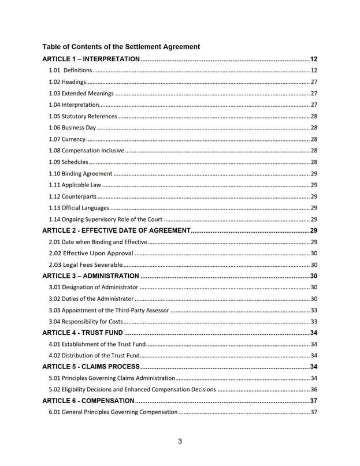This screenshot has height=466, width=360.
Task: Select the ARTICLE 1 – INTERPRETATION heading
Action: (x=91, y=59)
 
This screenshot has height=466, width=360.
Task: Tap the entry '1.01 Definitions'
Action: (x=70, y=70)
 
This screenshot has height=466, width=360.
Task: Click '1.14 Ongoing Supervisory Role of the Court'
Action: (x=105, y=219)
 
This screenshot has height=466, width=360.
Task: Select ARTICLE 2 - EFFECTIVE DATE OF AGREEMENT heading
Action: (x=116, y=230)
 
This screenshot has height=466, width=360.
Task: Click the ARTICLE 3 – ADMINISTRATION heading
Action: (x=91, y=276)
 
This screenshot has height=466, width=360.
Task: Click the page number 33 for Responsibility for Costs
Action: (x=314, y=322)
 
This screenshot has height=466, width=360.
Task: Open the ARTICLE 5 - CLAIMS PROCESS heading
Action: (x=91, y=367)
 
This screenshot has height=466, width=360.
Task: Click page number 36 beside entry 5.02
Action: (x=314, y=389)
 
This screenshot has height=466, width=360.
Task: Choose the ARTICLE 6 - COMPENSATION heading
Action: (x=88, y=401)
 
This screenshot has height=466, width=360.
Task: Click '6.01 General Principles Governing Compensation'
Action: (x=113, y=412)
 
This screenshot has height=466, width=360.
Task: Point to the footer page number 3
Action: (x=180, y=442)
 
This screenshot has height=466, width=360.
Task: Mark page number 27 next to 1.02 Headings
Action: (x=314, y=82)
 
